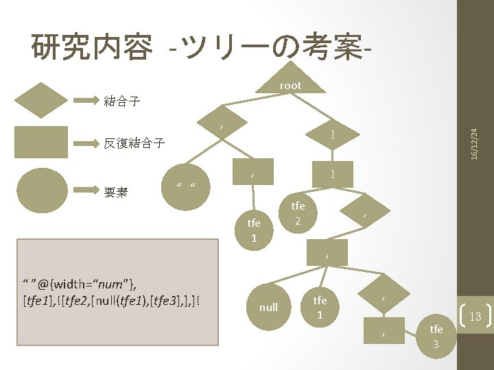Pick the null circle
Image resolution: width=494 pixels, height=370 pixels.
268,307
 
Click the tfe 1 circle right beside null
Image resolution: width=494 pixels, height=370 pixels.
320,307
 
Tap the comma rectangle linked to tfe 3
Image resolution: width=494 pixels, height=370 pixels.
383,333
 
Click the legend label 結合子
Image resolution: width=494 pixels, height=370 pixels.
122,101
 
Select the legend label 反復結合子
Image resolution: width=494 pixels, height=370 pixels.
134,143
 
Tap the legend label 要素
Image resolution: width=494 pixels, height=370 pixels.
116,193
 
